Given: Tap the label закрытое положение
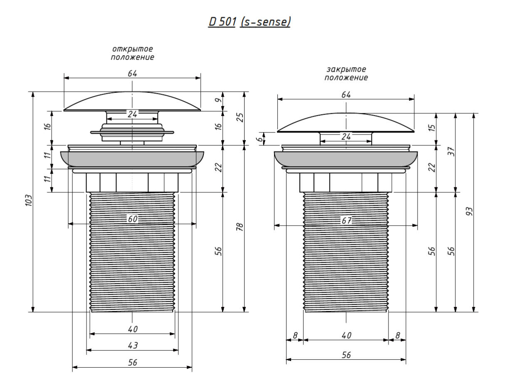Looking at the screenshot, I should click(x=346, y=74).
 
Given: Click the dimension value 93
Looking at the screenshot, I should click(x=470, y=211).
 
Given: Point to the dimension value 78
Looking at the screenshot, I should click(x=240, y=228).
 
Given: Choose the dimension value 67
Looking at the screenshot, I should click(x=346, y=221).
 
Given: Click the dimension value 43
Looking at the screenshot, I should click(x=132, y=346).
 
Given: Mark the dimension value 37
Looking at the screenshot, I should click(x=452, y=152).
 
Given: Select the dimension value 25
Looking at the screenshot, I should click(x=240, y=118).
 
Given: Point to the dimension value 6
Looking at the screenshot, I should click(x=261, y=139).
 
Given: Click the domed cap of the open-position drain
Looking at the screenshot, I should click(x=132, y=102).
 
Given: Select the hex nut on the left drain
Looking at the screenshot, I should click(x=132, y=182).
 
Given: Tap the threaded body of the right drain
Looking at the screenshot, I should click(x=346, y=258).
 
